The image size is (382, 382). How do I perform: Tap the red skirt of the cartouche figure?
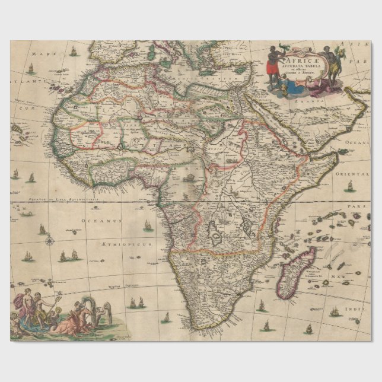click(x=272, y=69)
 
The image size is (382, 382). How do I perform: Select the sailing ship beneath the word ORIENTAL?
click(x=349, y=185)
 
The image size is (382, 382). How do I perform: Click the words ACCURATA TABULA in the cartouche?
click(x=303, y=65)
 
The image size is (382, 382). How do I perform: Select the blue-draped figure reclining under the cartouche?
click(x=297, y=89)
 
